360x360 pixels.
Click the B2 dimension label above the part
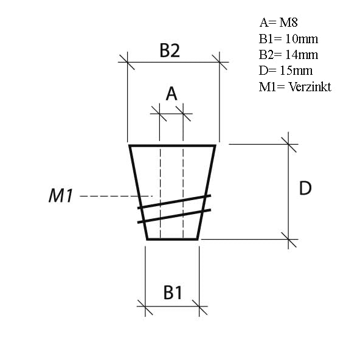(170, 50)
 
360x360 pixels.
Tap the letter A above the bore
(171, 94)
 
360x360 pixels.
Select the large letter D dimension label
(305, 189)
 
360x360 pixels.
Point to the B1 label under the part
(173, 292)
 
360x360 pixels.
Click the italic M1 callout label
(61, 196)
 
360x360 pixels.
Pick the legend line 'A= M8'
(280, 22)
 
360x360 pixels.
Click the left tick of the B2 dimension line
(127, 61)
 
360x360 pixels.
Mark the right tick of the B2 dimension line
(219, 61)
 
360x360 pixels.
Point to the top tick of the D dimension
(289, 144)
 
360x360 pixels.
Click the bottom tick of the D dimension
(289, 239)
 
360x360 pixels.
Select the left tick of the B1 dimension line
(145, 307)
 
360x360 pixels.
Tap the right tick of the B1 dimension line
(199, 307)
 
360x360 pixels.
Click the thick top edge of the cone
(173, 146)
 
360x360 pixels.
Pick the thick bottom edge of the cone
(173, 239)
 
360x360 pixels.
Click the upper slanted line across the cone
(174, 201)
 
